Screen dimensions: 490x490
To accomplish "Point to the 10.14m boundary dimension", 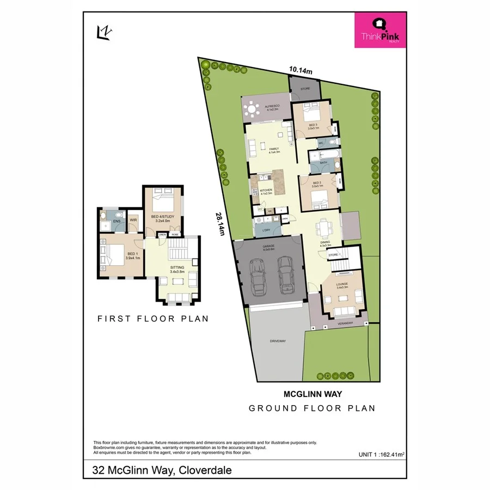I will (x=301, y=70).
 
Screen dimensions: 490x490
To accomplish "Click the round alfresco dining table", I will (x=252, y=111).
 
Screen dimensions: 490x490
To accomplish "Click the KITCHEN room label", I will (x=266, y=191).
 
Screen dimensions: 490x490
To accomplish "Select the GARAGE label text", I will (x=269, y=247).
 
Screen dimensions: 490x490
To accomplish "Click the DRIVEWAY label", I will (x=278, y=341).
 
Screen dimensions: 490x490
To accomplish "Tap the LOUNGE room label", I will (x=341, y=285).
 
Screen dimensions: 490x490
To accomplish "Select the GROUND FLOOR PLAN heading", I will (x=312, y=408).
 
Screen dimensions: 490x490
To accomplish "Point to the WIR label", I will (x=133, y=220).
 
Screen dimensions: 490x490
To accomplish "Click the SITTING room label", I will (x=177, y=268).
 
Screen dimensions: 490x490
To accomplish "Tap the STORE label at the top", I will (x=305, y=88).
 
